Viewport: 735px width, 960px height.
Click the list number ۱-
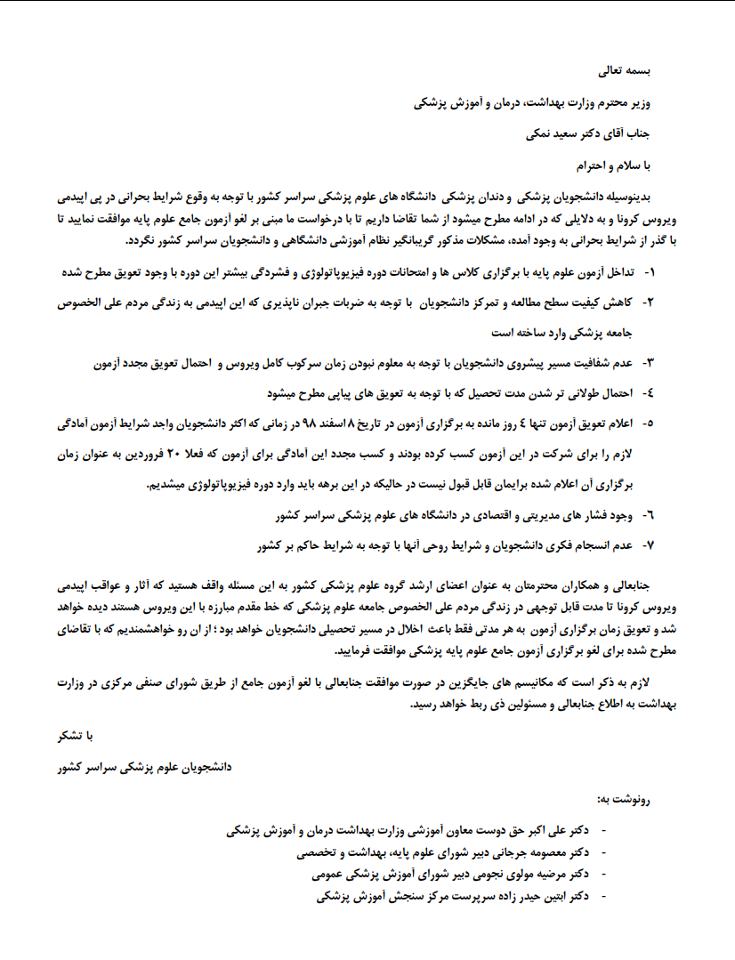point(649,271)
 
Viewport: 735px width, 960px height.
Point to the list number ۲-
point(649,303)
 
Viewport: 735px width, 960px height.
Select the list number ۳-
point(649,363)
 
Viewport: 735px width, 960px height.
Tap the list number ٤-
point(649,392)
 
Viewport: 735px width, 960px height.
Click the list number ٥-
point(649,424)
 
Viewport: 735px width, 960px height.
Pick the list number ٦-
point(649,515)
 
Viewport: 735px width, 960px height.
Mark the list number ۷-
point(649,545)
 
